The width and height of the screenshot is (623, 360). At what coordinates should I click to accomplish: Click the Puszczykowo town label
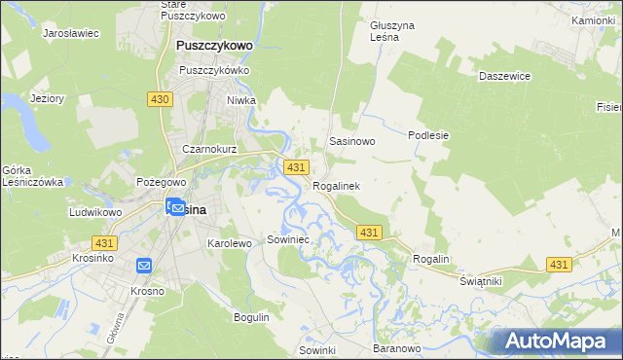click(214, 45)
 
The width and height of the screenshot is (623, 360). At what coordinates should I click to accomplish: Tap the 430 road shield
click(162, 99)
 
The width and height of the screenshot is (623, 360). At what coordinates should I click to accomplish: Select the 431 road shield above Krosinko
click(104, 241)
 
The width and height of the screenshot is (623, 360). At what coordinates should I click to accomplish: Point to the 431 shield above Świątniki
click(558, 265)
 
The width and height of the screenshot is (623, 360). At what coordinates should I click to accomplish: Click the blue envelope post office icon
click(144, 266)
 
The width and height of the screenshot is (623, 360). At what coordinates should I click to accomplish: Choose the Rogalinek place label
click(336, 186)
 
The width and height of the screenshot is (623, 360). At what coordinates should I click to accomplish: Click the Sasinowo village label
click(352, 141)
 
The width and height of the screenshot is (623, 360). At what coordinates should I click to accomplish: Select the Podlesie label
click(428, 135)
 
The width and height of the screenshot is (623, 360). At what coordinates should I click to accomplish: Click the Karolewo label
click(230, 243)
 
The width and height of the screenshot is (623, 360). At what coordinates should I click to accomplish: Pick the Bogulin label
click(250, 317)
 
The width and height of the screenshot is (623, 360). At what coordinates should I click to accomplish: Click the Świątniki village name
click(480, 280)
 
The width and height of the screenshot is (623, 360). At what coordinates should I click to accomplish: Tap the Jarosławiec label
click(71, 32)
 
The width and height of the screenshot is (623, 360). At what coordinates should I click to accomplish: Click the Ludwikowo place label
click(94, 211)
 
